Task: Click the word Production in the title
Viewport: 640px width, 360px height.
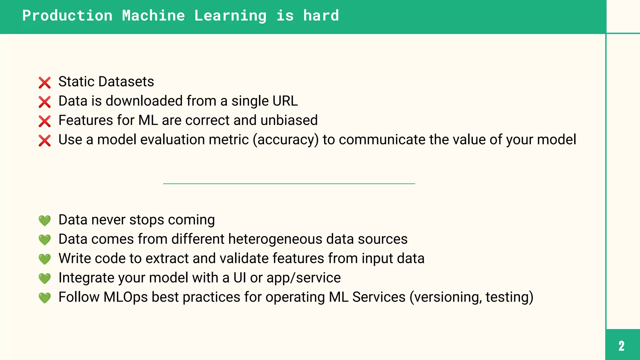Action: (x=67, y=16)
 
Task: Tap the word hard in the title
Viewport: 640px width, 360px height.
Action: (x=321, y=16)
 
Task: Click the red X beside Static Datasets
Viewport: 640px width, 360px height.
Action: (x=45, y=83)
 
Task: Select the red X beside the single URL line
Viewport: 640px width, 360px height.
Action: (x=45, y=102)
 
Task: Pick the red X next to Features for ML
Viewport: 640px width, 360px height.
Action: (x=45, y=121)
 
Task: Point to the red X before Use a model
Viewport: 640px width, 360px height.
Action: (x=45, y=141)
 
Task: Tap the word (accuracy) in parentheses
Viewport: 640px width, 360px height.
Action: (x=286, y=140)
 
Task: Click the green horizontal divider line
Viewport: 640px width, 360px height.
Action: (x=289, y=184)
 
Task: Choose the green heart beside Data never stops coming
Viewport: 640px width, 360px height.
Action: (x=45, y=221)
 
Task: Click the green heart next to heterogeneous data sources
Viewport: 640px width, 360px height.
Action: (x=45, y=240)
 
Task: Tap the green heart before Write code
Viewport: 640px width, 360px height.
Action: (x=45, y=259)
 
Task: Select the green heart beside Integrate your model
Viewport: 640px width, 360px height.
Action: (x=45, y=278)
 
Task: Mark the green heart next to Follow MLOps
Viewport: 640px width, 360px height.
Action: (x=45, y=298)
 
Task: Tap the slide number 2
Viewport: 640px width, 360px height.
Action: (x=622, y=346)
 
